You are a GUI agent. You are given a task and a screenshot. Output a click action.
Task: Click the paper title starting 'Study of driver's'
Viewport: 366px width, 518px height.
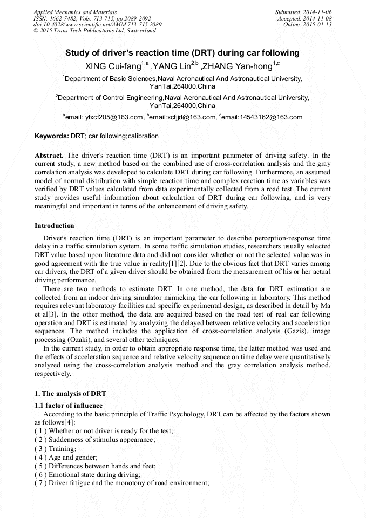(x=182, y=53)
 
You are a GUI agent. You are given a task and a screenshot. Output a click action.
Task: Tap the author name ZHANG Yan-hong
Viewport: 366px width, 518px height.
(x=239, y=66)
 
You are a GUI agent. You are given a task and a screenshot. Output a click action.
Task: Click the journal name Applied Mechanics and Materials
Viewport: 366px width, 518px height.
(x=74, y=12)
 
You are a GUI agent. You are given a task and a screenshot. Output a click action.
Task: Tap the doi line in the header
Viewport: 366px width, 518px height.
(x=97, y=25)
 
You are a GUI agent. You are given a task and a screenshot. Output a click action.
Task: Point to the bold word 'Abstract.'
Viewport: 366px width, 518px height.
(x=49, y=156)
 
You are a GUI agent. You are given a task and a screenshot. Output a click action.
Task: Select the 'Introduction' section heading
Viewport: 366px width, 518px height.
(x=55, y=225)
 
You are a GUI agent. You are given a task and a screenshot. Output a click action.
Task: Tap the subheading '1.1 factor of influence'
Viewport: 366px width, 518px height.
(x=69, y=405)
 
